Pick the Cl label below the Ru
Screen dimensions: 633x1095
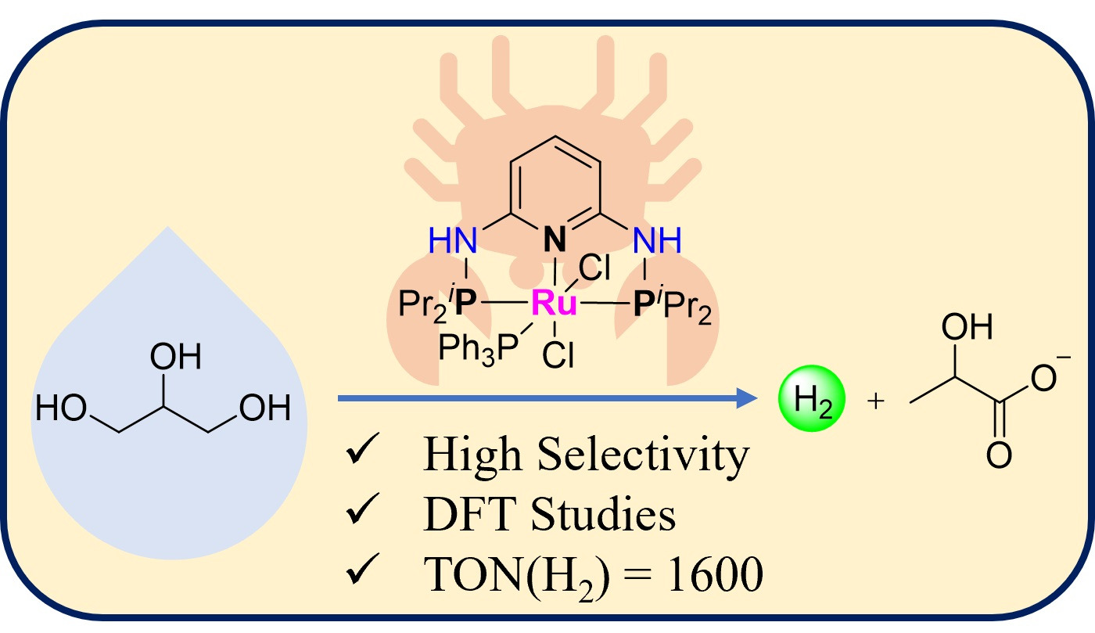[557, 356]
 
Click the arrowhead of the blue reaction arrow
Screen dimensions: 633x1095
[752, 399]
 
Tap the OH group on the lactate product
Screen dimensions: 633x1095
[968, 328]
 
